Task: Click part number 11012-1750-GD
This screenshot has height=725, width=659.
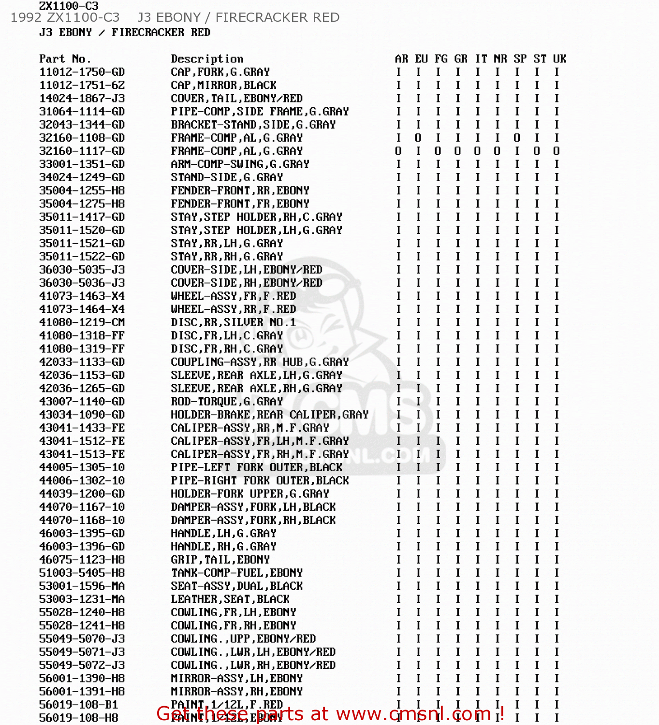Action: pyautogui.click(x=82, y=72)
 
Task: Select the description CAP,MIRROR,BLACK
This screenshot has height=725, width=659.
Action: pyautogui.click(x=223, y=85)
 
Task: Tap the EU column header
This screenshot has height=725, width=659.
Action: pyautogui.click(x=421, y=59)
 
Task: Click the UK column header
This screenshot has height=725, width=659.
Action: pyautogui.click(x=559, y=59)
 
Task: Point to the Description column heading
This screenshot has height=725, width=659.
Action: pyautogui.click(x=207, y=59)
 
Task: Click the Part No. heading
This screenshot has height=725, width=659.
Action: pyautogui.click(x=65, y=59)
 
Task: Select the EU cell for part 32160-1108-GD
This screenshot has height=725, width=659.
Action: pyautogui.click(x=418, y=138)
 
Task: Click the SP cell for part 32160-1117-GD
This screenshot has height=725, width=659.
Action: pyautogui.click(x=517, y=151)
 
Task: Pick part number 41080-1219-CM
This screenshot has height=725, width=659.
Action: pyautogui.click(x=82, y=322)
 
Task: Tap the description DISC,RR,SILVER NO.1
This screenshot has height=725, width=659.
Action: pyautogui.click(x=233, y=322)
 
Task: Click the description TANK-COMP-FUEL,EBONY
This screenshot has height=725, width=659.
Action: pyautogui.click(x=236, y=573)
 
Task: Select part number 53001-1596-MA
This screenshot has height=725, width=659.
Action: pyautogui.click(x=82, y=586)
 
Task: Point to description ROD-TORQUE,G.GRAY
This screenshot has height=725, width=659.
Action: pyautogui.click(x=227, y=402)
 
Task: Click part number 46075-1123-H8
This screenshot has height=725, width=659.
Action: pyautogui.click(x=82, y=560)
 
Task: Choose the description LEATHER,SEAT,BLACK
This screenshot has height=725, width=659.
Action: pyautogui.click(x=230, y=599)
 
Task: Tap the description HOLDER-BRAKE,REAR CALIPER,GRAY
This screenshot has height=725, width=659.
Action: pyautogui.click(x=269, y=415)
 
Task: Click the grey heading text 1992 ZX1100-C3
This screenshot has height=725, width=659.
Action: pyautogui.click(x=65, y=17)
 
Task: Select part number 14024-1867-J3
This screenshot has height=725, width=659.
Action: pyautogui.click(x=82, y=98)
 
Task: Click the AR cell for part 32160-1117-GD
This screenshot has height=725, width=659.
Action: pyautogui.click(x=398, y=151)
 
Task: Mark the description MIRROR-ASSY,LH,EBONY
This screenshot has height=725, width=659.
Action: pyautogui.click(x=236, y=679)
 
